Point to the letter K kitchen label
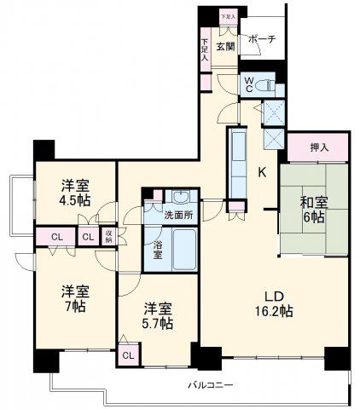click(263, 171)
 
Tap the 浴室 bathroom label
click(158, 249)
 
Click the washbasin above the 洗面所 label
click(177, 195)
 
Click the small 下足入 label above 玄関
click(226, 16)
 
